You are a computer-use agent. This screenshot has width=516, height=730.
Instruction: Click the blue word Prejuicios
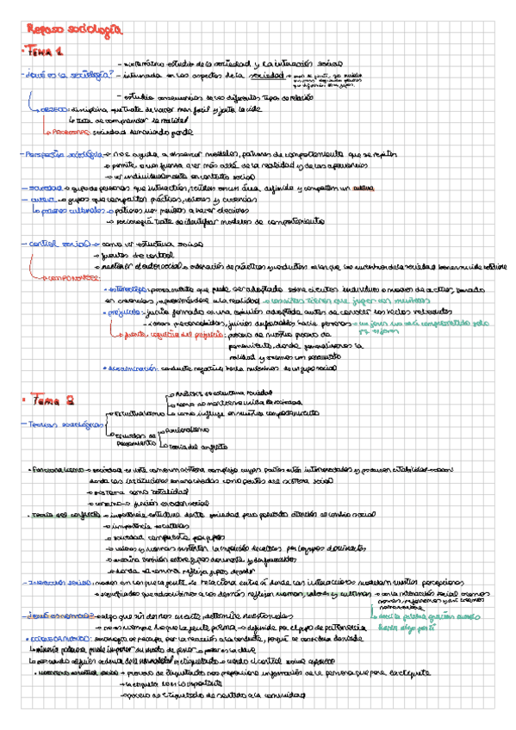click(126, 313)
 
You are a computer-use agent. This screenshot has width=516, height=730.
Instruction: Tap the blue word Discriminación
click(134, 368)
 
